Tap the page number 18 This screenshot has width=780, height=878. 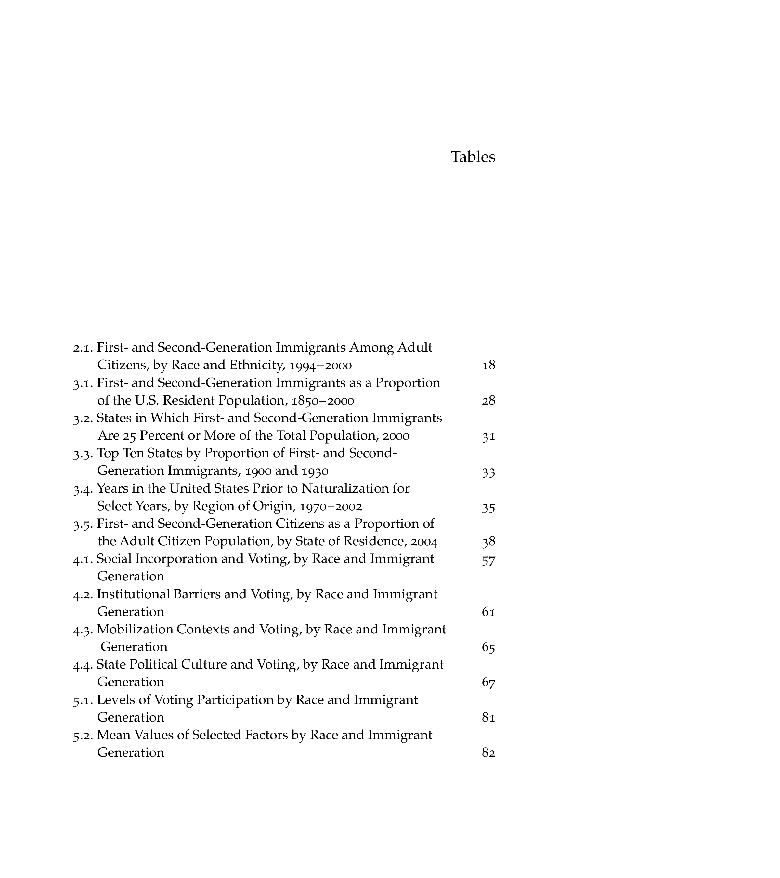[488, 366]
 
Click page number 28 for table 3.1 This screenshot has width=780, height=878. [488, 401]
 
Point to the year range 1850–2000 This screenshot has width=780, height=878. [323, 401]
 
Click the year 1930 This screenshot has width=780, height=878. [315, 472]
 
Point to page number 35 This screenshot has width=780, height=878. [488, 508]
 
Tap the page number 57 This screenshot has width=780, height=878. [488, 561]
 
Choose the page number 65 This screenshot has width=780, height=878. [488, 648]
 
